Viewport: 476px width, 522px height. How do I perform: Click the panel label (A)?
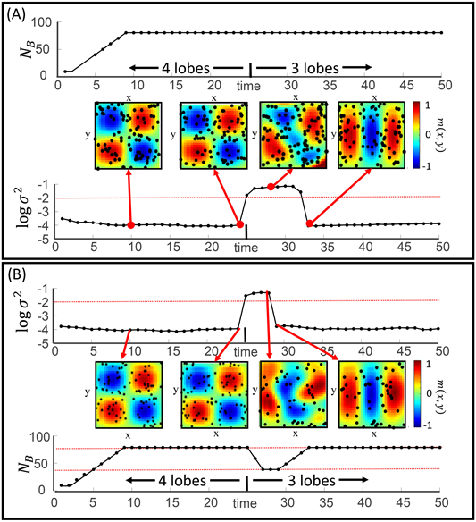20,14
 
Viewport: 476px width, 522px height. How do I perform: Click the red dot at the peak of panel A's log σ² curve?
271,186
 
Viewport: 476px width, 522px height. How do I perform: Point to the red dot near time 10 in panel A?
131,224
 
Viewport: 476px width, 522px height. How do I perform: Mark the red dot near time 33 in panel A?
310,223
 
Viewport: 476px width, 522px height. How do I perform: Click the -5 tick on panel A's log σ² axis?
43,240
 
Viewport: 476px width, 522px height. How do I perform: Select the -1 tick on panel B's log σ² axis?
43,288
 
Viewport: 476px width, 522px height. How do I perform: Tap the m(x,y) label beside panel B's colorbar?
455,394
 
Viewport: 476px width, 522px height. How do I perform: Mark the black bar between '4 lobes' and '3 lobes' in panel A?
250,67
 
